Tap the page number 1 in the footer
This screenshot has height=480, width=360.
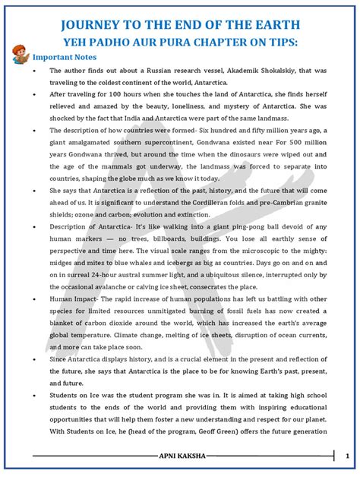(x=346, y=457)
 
